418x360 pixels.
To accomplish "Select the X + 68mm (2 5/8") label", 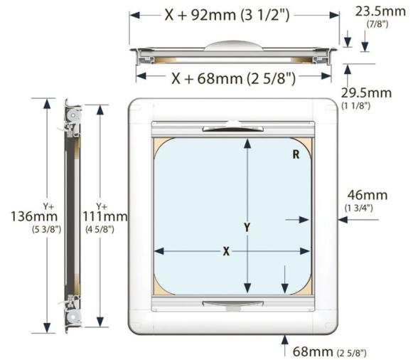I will pyautogui.click(x=233, y=78).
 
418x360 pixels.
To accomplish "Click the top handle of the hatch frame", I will pyautogui.click(x=231, y=128).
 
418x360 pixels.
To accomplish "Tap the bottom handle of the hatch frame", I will pyautogui.click(x=231, y=303).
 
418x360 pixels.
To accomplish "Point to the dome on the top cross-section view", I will pyautogui.click(x=231, y=45).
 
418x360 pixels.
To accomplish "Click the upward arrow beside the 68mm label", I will pyautogui.click(x=285, y=340).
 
